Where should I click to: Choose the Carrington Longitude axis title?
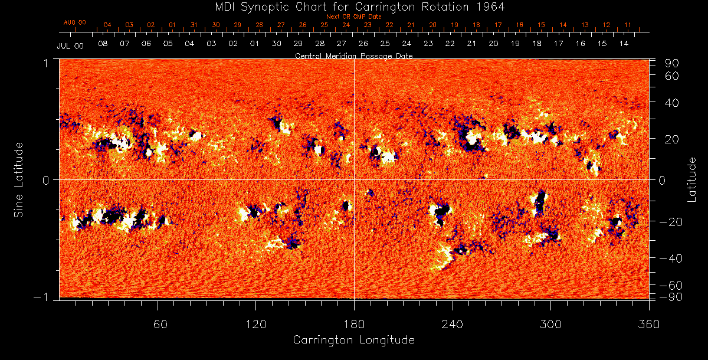(353, 340)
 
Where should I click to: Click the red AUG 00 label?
(75, 22)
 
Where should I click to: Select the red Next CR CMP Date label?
(353, 17)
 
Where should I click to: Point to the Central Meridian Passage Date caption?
(353, 55)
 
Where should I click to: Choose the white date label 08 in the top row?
(103, 44)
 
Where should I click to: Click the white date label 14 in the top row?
(624, 44)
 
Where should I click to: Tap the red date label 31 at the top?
(194, 25)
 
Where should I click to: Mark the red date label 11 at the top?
(628, 25)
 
